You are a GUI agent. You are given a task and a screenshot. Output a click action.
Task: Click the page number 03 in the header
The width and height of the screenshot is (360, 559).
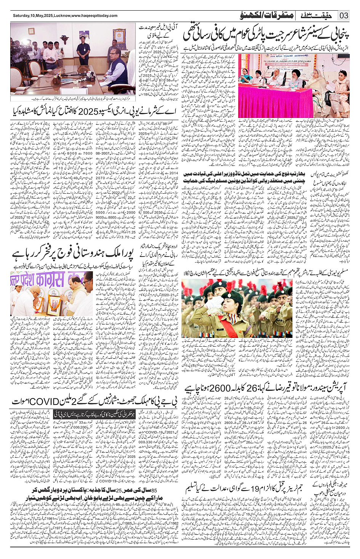pyautogui.click(x=344, y=16)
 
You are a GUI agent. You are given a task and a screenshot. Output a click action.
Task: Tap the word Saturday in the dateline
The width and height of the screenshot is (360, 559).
pyautogui.click(x=22, y=16)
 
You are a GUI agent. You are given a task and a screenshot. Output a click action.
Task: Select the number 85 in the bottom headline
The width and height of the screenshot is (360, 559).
pyautogui.click(x=155, y=491)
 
